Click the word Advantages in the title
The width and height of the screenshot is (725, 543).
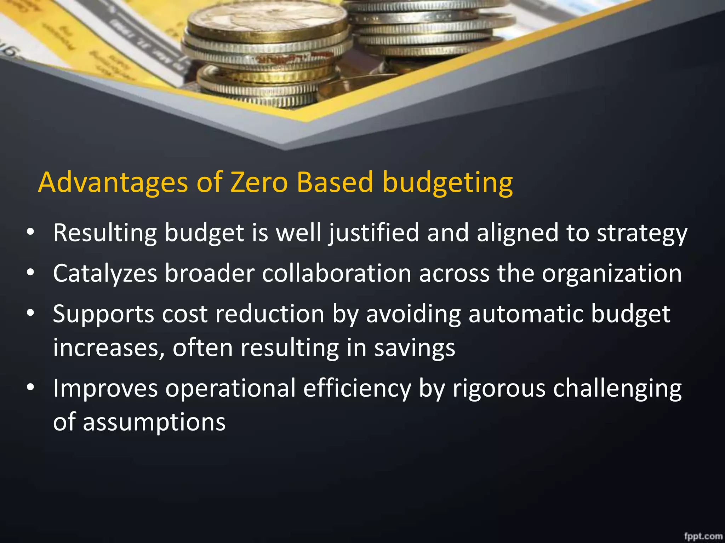tap(113, 183)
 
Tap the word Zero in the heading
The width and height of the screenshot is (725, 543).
tap(259, 183)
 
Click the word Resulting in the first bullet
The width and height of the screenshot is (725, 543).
tap(105, 233)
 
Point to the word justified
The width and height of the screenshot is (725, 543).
tap(374, 233)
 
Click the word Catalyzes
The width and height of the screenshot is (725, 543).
tap(105, 274)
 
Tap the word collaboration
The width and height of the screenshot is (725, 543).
tap(336, 274)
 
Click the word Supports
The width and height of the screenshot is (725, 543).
tap(103, 314)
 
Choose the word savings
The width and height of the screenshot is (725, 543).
tap(415, 349)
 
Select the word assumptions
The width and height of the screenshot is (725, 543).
tap(154, 422)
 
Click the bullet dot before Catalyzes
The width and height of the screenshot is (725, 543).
tap(30, 273)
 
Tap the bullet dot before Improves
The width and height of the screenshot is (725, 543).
tap(30, 388)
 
